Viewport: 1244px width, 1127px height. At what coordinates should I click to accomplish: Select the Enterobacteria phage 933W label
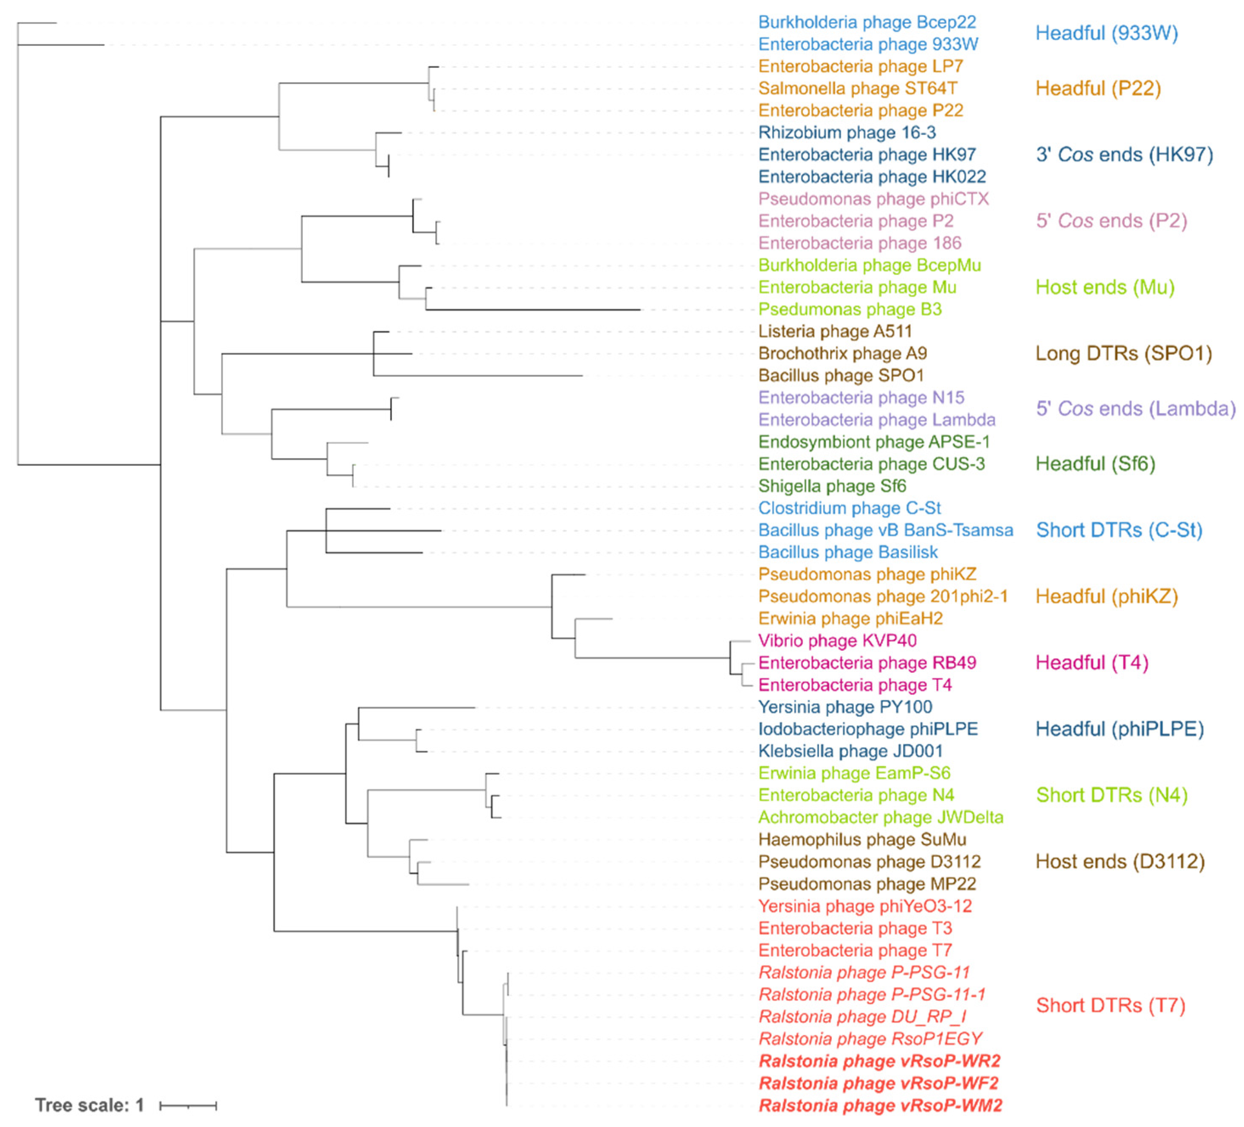(x=867, y=45)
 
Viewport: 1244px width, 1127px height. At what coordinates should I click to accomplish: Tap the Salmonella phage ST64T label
(x=858, y=89)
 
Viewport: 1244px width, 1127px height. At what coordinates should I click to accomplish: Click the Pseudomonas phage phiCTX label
(x=873, y=199)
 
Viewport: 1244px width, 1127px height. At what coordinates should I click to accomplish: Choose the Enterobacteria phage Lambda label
(x=876, y=420)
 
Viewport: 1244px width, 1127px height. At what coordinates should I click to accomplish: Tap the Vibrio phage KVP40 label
(x=837, y=641)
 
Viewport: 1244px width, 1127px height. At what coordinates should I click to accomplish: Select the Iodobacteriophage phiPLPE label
(x=867, y=730)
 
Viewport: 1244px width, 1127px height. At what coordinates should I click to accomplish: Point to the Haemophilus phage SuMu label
(x=862, y=840)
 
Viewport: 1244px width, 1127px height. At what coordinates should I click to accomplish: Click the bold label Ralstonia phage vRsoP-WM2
(x=880, y=1105)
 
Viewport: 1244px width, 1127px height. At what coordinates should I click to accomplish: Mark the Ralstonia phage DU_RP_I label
(x=862, y=1017)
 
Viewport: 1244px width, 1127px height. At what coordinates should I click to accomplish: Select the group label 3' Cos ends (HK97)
(x=1124, y=155)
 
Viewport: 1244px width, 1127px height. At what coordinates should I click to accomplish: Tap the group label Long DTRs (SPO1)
(x=1123, y=354)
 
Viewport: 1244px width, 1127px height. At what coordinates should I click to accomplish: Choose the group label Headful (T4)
(x=1092, y=663)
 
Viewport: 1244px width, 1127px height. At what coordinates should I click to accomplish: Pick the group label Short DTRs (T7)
(x=1110, y=1006)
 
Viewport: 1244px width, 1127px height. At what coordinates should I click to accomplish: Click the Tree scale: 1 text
(x=90, y=1105)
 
